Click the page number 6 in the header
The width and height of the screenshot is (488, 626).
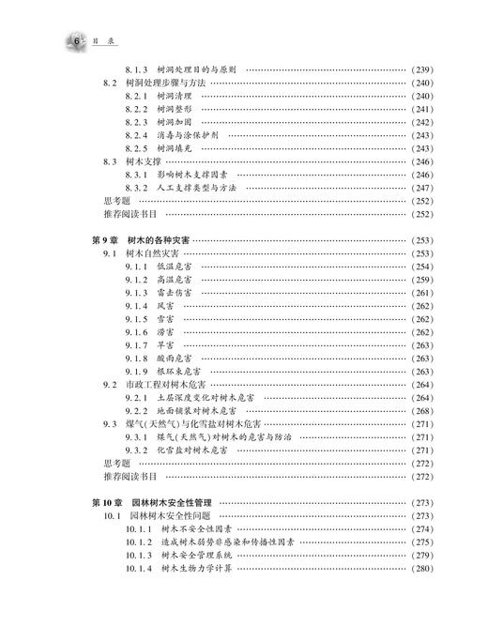point(74,39)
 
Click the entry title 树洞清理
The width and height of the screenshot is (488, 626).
point(177,96)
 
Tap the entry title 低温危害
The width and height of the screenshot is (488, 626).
point(177,267)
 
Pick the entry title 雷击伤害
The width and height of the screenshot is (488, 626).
point(177,293)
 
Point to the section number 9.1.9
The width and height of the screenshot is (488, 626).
point(137,372)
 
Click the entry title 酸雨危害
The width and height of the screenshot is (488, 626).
point(177,359)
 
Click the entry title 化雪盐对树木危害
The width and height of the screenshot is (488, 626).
point(197,450)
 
